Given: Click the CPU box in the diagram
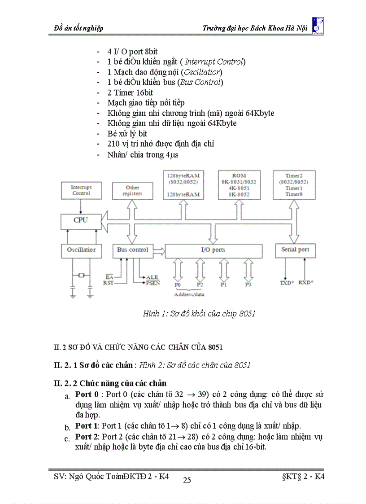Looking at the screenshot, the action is click(81, 220).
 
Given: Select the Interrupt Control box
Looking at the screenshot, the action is click(81, 190).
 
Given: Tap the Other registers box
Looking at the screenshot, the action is click(132, 190).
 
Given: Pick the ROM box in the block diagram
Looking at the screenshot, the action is click(239, 185).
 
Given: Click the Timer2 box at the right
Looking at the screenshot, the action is click(293, 185).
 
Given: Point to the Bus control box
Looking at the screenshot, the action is click(132, 250).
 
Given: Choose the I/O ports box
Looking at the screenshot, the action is click(213, 250).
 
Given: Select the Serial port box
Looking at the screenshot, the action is click(295, 250).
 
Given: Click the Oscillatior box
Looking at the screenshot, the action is click(81, 250).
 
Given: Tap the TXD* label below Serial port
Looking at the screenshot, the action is click(287, 283).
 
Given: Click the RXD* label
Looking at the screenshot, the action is click(306, 283).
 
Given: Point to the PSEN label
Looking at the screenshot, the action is click(152, 283).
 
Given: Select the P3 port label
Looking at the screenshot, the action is click(248, 285).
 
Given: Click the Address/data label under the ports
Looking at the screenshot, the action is click(189, 294).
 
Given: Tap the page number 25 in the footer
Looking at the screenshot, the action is click(187, 480).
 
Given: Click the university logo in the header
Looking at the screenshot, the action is click(317, 26).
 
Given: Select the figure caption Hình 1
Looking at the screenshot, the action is click(199, 314).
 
